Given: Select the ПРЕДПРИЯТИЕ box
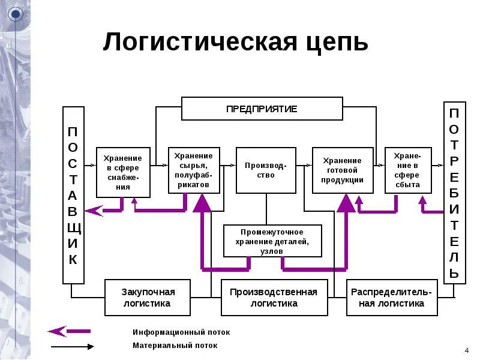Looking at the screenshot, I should tap(262, 109).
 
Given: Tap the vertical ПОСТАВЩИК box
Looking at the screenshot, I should tap(73, 195).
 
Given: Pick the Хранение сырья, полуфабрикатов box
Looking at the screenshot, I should tap(194, 170).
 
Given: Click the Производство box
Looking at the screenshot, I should tap(266, 170).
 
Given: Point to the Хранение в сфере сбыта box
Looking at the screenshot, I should tap(407, 170).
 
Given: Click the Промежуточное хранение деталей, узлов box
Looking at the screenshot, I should tap(272, 241).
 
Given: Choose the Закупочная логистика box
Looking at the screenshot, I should tap(148, 298).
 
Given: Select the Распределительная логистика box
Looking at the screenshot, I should tap(392, 298).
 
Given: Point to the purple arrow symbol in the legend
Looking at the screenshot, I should tap(68, 331).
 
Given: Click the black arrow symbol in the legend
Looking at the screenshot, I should tap(72, 346).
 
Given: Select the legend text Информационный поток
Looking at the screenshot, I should tap(181, 332).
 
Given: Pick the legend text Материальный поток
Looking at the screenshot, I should tap(175, 346).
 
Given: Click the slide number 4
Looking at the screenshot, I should tap(467, 350).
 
